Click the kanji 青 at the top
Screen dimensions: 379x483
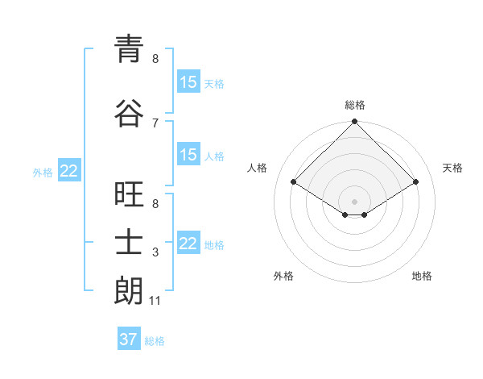click(128, 50)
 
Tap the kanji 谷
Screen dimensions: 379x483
click(128, 114)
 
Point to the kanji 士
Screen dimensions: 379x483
click(128, 244)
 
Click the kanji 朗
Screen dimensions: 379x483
click(128, 292)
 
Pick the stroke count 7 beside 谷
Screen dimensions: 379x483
click(155, 123)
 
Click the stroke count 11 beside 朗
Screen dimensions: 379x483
click(155, 301)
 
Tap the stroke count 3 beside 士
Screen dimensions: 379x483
click(155, 252)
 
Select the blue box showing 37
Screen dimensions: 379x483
click(129, 339)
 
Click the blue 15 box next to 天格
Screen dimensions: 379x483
click(188, 82)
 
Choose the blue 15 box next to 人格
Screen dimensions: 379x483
click(188, 155)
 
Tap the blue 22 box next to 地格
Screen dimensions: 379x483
click(188, 244)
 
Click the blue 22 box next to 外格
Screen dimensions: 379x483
click(69, 171)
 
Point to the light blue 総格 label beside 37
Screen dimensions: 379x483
click(155, 341)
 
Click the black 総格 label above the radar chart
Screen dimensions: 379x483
click(354, 105)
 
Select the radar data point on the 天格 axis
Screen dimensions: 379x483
click(416, 182)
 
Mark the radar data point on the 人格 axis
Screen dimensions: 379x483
click(294, 182)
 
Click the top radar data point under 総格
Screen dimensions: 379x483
click(354, 122)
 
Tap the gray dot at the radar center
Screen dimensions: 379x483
click(354, 200)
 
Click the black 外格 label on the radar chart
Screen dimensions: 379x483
click(283, 276)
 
